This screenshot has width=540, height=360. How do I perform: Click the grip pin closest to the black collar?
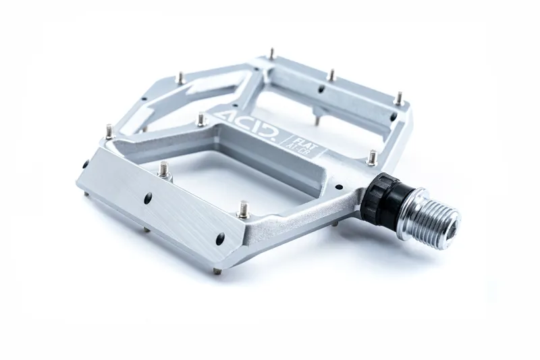tap(372, 157)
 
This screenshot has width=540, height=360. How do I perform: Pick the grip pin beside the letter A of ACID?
tap(201, 120)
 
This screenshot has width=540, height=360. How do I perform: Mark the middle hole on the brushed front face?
tap(148, 198)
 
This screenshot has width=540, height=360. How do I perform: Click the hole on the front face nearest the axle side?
tap(220, 238)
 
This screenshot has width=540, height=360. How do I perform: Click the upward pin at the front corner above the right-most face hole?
tap(243, 209)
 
